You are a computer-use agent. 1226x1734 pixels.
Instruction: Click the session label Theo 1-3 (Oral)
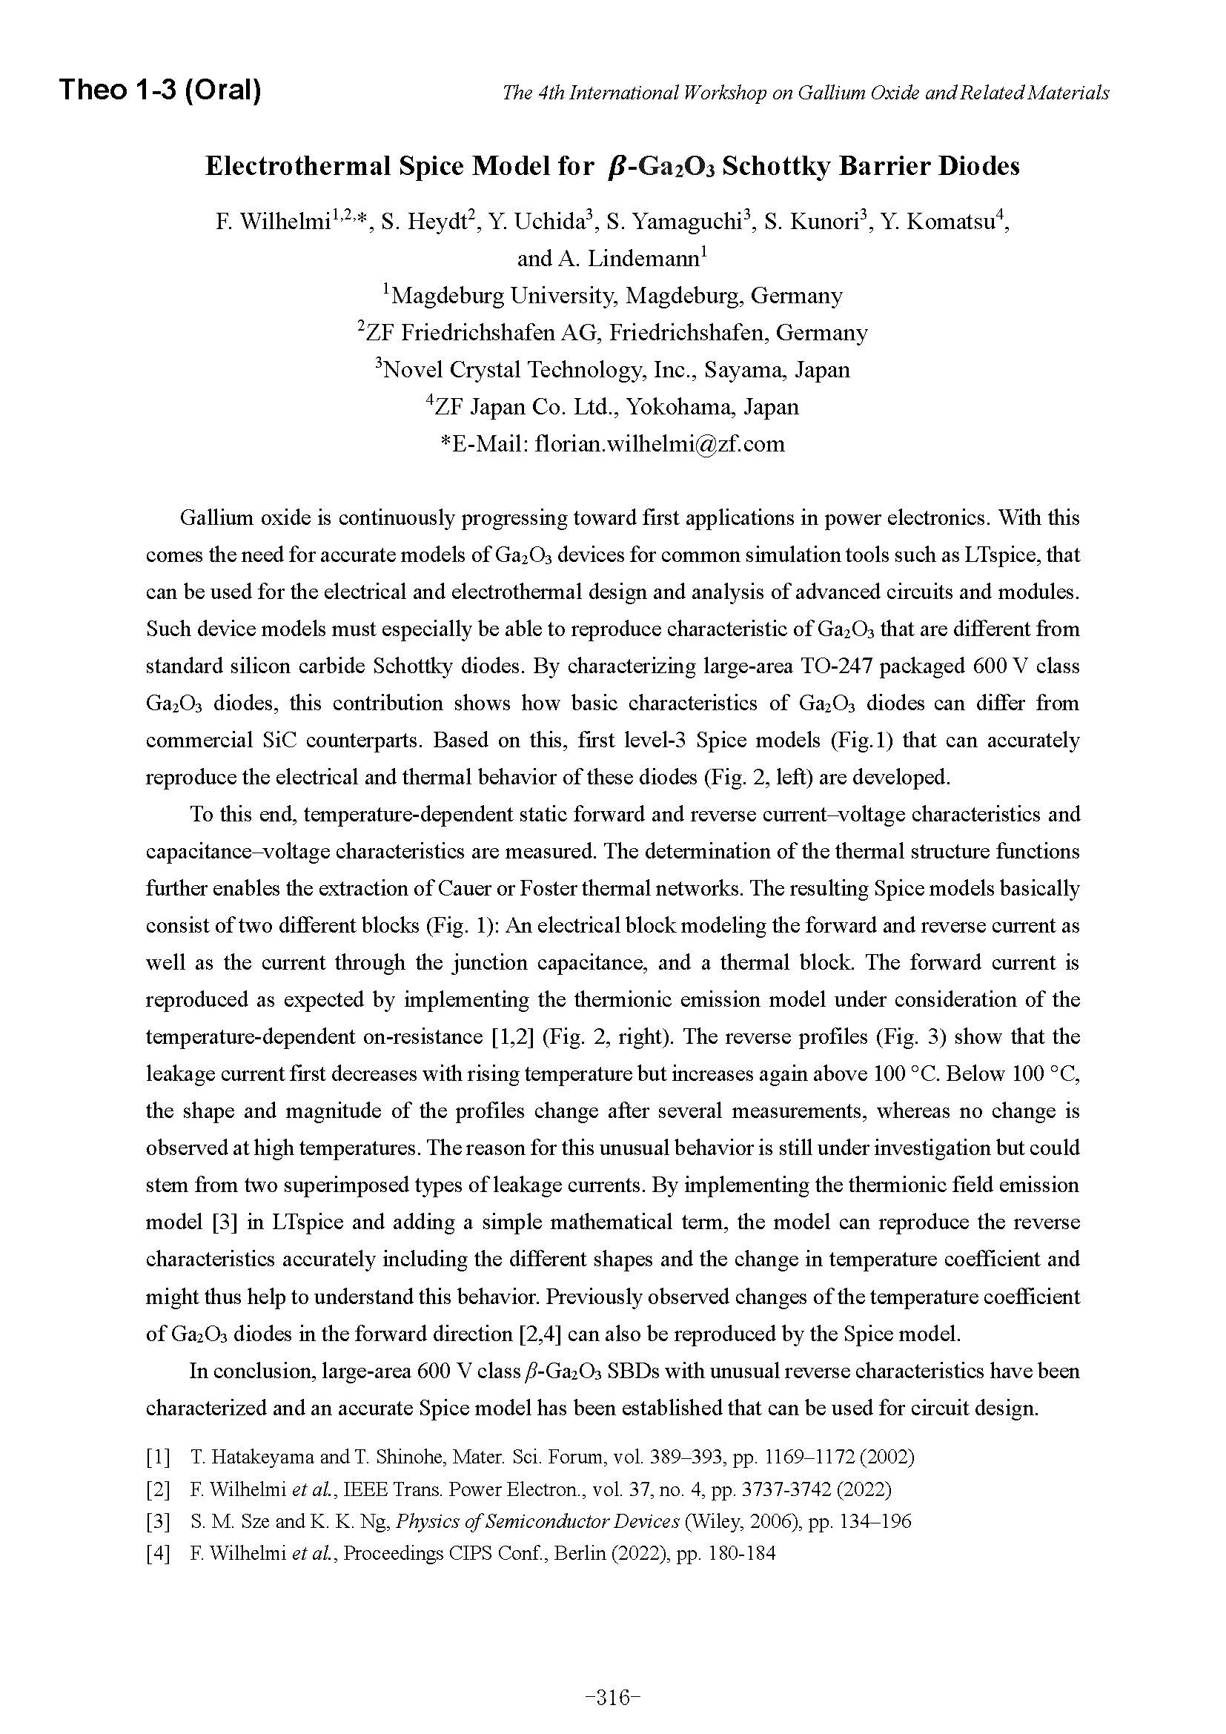160,90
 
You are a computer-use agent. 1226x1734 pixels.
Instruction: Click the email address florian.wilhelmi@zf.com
659,443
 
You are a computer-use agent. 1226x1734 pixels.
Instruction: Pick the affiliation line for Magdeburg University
612,295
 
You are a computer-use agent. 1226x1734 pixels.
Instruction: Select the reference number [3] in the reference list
158,1520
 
